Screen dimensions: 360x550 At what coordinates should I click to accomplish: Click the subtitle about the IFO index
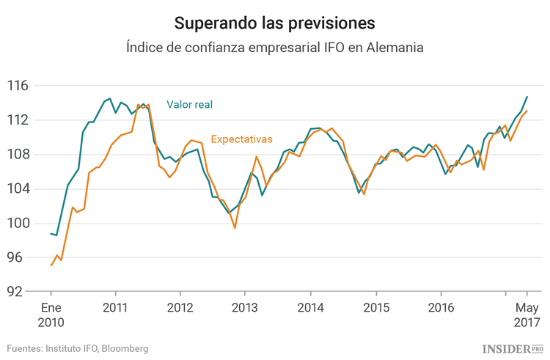point(275,47)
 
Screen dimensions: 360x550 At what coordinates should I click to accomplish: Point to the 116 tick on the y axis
point(18,86)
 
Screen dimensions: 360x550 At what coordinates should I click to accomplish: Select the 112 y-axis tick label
point(18,120)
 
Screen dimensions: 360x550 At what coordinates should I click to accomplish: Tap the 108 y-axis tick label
point(18,155)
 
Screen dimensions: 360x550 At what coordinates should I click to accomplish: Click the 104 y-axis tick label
point(18,189)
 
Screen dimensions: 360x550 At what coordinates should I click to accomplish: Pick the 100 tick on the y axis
point(18,224)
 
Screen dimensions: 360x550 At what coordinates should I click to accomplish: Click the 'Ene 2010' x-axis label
point(51,314)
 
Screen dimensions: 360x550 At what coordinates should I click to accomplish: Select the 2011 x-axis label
point(116,306)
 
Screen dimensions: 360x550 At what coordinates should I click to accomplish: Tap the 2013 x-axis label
point(246,306)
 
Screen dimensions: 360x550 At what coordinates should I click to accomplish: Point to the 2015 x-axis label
point(375,306)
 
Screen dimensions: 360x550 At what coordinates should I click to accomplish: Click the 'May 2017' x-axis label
point(527,314)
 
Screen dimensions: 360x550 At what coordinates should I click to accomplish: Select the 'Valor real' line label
point(189,105)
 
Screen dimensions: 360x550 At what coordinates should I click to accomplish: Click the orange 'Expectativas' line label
point(241,139)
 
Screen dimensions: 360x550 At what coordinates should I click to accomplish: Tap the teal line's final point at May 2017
point(527,97)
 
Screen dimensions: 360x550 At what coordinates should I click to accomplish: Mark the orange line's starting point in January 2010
point(51,265)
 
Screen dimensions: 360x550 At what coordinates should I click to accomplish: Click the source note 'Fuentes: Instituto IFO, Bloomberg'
point(78,348)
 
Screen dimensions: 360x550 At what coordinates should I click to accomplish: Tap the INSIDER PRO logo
point(513,348)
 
